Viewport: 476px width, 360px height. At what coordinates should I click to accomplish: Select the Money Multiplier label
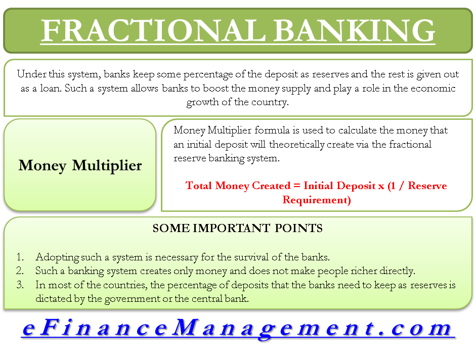(80, 165)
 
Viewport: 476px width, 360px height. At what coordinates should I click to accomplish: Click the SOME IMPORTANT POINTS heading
(237, 228)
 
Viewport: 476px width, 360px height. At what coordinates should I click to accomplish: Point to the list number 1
(20, 257)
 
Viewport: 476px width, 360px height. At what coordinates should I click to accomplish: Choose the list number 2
(20, 271)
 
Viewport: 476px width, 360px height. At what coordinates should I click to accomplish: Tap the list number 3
(20, 285)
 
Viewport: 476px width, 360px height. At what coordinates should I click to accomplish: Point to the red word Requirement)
(317, 200)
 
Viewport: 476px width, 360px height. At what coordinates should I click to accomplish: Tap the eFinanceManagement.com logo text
(237, 329)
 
